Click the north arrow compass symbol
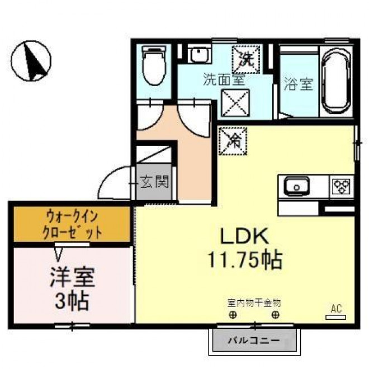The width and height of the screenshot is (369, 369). [31, 61]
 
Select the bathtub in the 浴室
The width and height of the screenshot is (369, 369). [337, 82]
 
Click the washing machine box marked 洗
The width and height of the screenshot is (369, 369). [246, 59]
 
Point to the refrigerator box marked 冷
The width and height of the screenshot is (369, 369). [233, 141]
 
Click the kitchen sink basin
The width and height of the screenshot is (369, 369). [296, 186]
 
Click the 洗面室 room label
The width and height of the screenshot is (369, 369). [224, 79]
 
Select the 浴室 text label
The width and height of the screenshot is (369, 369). [299, 84]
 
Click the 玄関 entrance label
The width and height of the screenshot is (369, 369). [155, 182]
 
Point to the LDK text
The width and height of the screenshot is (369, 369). [244, 236]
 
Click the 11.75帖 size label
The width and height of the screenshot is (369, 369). [245, 260]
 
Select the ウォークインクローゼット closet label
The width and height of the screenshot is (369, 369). [72, 225]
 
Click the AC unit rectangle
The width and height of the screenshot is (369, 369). [336, 317]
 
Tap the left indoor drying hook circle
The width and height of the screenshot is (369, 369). [233, 315]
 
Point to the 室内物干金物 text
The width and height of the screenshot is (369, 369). [254, 303]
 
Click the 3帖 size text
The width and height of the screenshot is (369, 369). [72, 301]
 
